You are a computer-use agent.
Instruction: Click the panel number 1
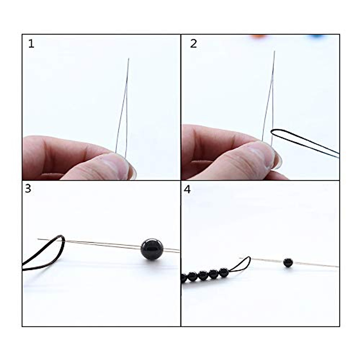click(31, 44)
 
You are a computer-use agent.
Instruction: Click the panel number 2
click(193, 44)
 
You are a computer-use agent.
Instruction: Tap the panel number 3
click(28, 189)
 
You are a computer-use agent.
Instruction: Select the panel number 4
click(187, 190)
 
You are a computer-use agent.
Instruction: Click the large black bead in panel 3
click(152, 249)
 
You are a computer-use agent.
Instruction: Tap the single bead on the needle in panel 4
click(288, 262)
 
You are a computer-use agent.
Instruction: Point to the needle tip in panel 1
click(128, 59)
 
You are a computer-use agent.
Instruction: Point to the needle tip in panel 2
click(274, 52)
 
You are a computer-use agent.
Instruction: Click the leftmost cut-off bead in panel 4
click(183, 278)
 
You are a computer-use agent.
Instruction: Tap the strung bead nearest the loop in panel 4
click(224, 273)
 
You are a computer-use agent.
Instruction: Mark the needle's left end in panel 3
click(38, 239)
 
